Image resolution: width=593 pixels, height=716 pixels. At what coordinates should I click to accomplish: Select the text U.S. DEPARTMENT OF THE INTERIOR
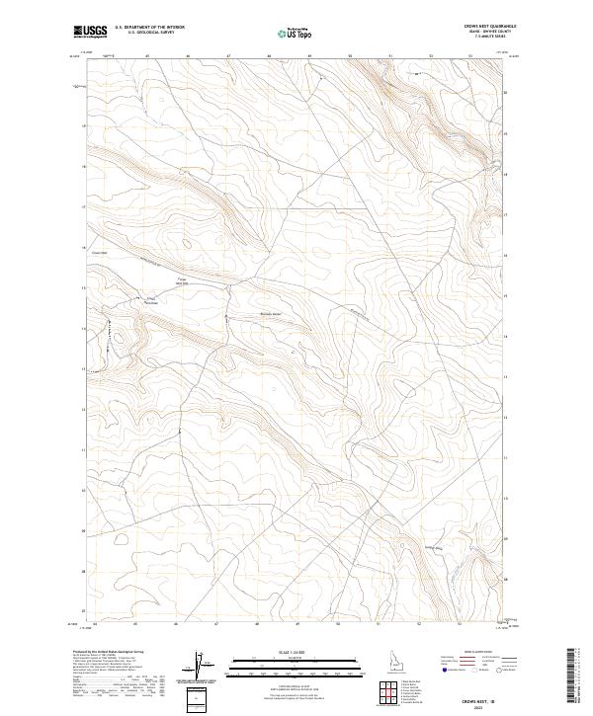pos(149,27)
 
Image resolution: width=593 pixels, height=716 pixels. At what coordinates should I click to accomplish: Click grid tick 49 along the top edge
pos(309,56)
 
